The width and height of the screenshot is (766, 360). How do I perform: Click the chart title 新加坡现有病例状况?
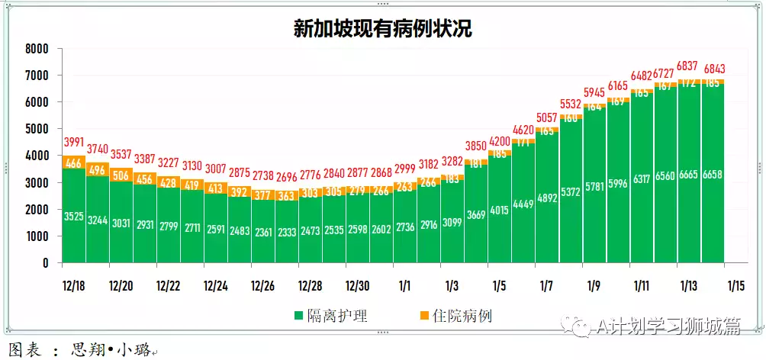(x=383, y=28)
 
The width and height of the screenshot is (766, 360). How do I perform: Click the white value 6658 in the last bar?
(x=714, y=175)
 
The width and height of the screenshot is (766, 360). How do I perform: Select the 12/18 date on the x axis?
(x=74, y=286)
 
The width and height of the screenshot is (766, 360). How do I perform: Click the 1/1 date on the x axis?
(x=404, y=286)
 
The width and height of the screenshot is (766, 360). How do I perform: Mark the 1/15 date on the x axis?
(x=735, y=286)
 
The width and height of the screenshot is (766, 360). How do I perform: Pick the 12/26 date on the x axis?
(x=263, y=286)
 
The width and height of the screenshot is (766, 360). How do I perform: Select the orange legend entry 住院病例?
(x=456, y=316)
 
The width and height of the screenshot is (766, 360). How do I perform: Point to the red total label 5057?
(x=546, y=117)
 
